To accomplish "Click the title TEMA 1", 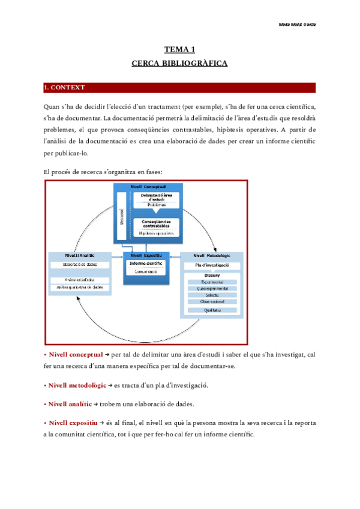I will click(179, 50).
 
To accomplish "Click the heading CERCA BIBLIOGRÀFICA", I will click(179, 62).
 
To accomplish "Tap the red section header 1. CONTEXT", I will click(65, 88).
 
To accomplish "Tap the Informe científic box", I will click(146, 263).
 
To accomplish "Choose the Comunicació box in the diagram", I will click(145, 271).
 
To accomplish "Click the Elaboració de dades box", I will click(80, 264).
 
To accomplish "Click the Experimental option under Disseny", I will click(212, 282).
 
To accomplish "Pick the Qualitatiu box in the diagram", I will click(212, 310).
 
